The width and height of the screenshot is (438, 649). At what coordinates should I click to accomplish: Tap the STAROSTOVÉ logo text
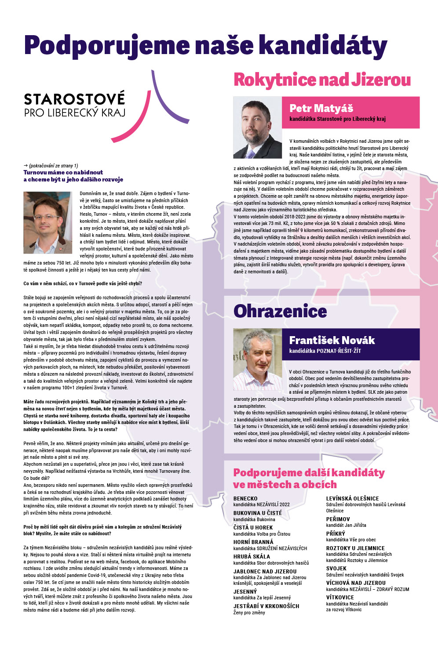pyautogui.click(x=74, y=99)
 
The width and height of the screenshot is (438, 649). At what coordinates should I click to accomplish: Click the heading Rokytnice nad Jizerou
pyautogui.click(x=322, y=80)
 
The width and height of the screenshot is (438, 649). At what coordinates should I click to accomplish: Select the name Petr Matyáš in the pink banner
pyautogui.click(x=321, y=108)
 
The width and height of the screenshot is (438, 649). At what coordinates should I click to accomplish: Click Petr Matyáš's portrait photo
pyautogui.click(x=257, y=127)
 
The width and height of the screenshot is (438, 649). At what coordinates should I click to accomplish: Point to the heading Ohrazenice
pyautogui.click(x=280, y=311)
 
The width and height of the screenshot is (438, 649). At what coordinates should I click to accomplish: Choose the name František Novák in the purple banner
pyautogui.click(x=332, y=340)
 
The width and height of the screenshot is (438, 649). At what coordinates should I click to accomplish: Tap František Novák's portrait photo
pyautogui.click(x=257, y=359)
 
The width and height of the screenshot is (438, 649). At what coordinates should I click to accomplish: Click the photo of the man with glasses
pyautogui.click(x=47, y=222)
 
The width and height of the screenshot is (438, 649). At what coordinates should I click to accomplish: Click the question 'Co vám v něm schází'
pyautogui.click(x=83, y=283)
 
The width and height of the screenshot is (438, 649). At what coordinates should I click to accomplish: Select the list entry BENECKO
pyautogui.click(x=245, y=499)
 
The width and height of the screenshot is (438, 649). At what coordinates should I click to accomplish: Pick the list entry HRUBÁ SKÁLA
pyautogui.click(x=252, y=556)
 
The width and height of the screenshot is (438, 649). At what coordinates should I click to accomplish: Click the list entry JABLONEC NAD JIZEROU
pyautogui.click(x=265, y=571)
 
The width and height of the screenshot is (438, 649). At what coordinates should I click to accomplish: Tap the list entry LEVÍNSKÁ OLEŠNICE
pyautogui.click(x=352, y=499)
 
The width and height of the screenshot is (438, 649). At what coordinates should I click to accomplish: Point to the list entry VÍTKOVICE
pyautogui.click(x=340, y=598)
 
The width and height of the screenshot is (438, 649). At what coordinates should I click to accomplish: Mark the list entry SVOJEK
pyautogui.click(x=336, y=569)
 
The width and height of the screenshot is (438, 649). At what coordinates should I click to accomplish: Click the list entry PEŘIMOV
pyautogui.click(x=338, y=519)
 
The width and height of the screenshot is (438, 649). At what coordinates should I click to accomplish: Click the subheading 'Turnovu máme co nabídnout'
pyautogui.click(x=63, y=172)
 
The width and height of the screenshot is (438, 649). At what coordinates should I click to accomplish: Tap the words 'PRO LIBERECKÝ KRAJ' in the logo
pyautogui.click(x=75, y=112)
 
